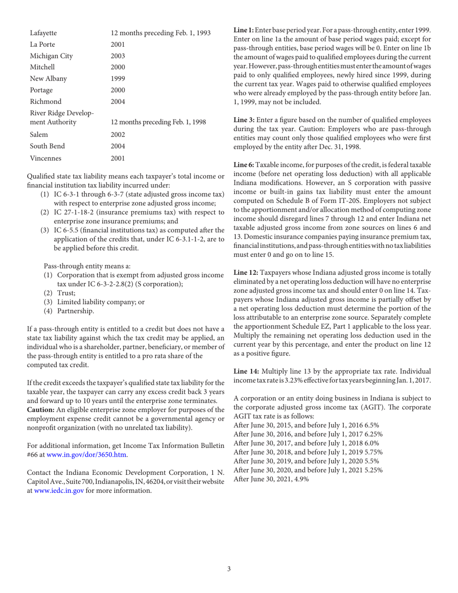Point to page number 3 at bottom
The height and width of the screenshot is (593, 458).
pos(229,568)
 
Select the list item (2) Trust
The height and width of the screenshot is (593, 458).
pos(56,292)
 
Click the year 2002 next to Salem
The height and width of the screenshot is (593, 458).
pos(118,135)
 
